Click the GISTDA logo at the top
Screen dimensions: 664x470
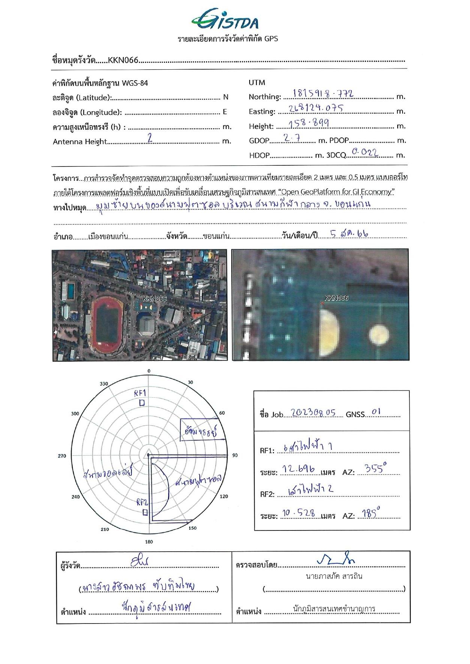tap(225, 20)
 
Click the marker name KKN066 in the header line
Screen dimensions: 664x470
tap(123, 60)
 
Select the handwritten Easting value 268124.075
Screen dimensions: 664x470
tap(316, 109)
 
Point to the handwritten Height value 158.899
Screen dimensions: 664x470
tap(308, 123)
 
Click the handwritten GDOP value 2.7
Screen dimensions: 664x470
tap(292, 138)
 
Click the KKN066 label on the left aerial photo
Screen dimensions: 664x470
tap(154, 299)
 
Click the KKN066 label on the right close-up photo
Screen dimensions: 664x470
tap(336, 298)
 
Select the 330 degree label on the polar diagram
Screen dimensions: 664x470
tap(104, 384)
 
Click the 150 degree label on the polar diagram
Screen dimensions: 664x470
tap(193, 528)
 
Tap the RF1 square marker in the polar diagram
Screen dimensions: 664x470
tap(142, 403)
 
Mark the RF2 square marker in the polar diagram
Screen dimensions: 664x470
tap(145, 512)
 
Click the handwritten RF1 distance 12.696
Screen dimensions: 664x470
tap(298, 470)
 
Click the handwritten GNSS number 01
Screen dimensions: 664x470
tap(376, 412)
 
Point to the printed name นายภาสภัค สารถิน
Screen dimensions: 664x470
tap(334, 577)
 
